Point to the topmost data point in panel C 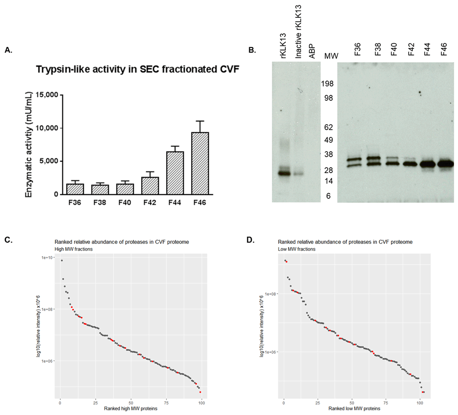[x=62, y=261]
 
